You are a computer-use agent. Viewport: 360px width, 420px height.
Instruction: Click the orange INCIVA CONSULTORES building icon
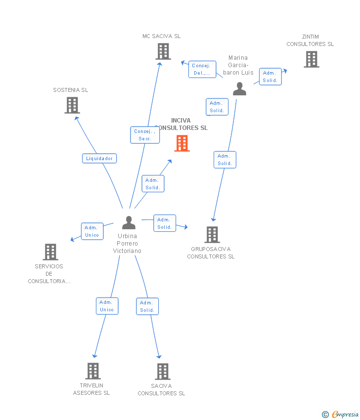[182, 143]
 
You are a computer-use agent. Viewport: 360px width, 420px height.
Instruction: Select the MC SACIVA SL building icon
[163, 51]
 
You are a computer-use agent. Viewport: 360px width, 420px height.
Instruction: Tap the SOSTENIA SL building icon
[72, 105]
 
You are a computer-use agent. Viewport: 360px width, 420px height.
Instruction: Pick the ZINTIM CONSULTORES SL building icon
[312, 59]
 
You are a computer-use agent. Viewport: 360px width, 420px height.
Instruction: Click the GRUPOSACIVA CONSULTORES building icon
[212, 235]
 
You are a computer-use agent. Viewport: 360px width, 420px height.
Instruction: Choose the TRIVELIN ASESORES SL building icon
[93, 371]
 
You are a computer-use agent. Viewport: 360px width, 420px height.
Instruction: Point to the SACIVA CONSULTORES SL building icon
[163, 372]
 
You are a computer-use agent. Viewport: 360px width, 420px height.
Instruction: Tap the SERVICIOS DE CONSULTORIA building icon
[50, 252]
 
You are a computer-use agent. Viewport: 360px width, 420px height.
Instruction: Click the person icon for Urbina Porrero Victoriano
[129, 222]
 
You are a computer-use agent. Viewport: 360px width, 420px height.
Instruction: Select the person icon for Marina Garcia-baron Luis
[239, 89]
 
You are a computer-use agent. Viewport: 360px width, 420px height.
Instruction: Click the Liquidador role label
[99, 158]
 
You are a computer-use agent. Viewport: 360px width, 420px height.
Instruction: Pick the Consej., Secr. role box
[145, 135]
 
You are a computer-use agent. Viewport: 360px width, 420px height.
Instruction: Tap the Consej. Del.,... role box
[202, 69]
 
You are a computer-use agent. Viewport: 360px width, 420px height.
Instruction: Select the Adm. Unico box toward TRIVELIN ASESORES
[107, 306]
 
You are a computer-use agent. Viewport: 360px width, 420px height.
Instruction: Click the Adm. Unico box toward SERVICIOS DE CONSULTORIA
[92, 231]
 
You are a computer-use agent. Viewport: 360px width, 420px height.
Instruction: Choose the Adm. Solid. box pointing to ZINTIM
[270, 77]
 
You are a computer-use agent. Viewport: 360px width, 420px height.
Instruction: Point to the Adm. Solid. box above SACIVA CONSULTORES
[147, 306]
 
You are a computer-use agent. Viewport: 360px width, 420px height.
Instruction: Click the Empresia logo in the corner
[340, 414]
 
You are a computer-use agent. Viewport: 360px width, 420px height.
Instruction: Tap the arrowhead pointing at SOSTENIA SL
[76, 118]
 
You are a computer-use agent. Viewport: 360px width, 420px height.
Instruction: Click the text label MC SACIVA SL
[161, 36]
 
